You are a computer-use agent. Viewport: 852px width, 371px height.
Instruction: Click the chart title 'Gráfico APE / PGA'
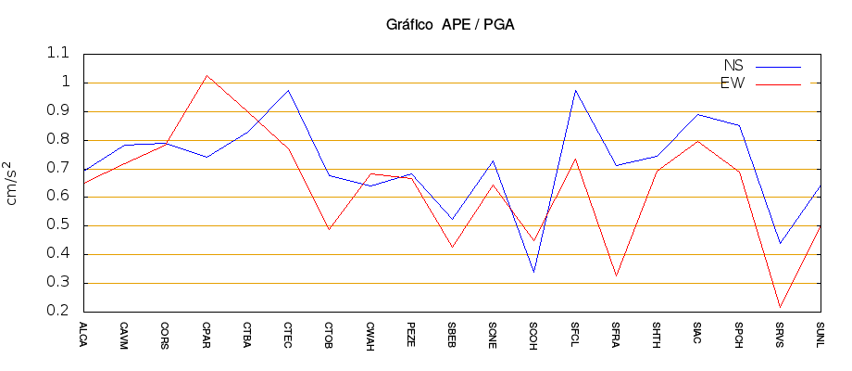(450, 25)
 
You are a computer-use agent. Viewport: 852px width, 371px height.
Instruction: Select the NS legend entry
(733, 66)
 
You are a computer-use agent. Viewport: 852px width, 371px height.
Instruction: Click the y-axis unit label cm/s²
(13, 183)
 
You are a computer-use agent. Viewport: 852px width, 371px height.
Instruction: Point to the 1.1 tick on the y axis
(58, 54)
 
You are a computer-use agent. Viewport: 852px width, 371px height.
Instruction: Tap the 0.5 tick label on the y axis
(58, 225)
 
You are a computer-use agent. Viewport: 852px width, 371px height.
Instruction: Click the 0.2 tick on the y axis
(58, 312)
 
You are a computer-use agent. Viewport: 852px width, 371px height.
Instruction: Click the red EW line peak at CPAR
(207, 75)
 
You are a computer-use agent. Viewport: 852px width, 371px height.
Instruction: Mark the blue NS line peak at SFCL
(575, 90)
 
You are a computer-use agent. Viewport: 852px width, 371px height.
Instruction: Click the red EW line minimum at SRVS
(780, 307)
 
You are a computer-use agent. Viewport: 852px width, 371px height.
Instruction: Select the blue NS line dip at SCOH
(534, 272)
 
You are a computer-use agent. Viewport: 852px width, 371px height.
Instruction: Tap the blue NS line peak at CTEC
(288, 90)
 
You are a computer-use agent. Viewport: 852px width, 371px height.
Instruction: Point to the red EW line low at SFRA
(616, 275)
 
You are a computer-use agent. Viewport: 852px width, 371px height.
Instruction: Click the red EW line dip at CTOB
(329, 229)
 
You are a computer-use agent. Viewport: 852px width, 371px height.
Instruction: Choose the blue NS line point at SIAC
(697, 114)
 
